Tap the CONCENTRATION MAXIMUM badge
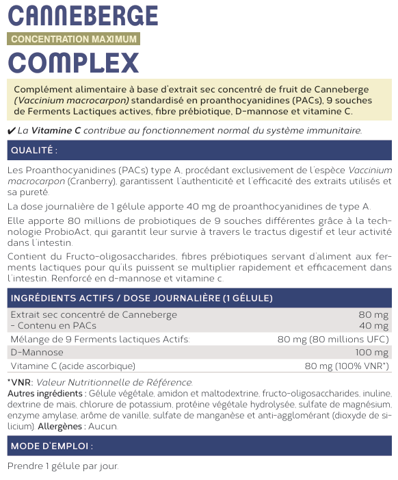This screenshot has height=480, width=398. [x=74, y=39]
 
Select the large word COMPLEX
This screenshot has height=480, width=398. [x=74, y=62]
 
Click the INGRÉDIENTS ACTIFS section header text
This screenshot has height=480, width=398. [x=142, y=298]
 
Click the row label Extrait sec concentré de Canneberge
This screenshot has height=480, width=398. [x=93, y=315]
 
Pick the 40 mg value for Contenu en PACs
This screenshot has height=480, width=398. [x=373, y=325]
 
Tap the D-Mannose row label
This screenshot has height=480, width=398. [x=35, y=352]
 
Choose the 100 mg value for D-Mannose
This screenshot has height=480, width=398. [x=371, y=352]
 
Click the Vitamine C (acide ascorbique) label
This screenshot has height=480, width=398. [x=72, y=366]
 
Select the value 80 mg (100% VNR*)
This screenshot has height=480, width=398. [x=347, y=366]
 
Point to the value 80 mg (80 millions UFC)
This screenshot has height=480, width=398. [x=333, y=339]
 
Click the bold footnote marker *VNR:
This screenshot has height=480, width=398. [x=19, y=382]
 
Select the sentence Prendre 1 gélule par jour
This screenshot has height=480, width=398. [x=63, y=466]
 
